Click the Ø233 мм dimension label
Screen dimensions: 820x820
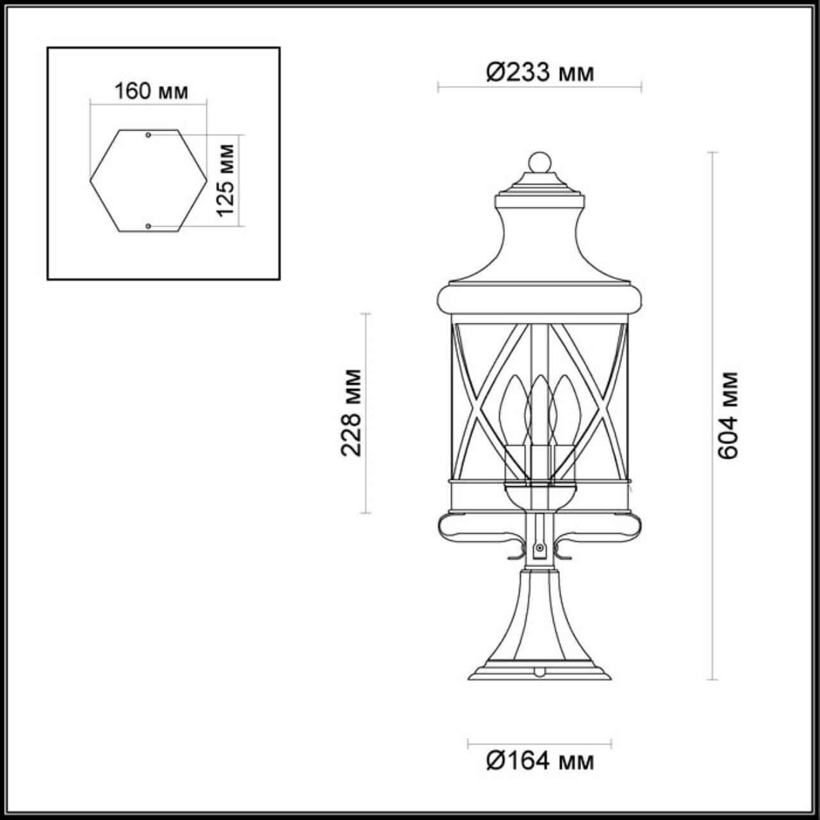540,72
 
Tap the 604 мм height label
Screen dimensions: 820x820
728,415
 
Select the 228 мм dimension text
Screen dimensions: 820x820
351,413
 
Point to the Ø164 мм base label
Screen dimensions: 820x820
540,761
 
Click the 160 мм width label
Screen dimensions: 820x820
151,92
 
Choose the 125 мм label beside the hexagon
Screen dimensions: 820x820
225,180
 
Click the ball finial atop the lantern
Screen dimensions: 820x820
539,162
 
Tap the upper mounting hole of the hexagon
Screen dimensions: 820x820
149,135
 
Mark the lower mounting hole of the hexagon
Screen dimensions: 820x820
149,226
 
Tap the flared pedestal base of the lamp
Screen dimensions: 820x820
539,634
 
